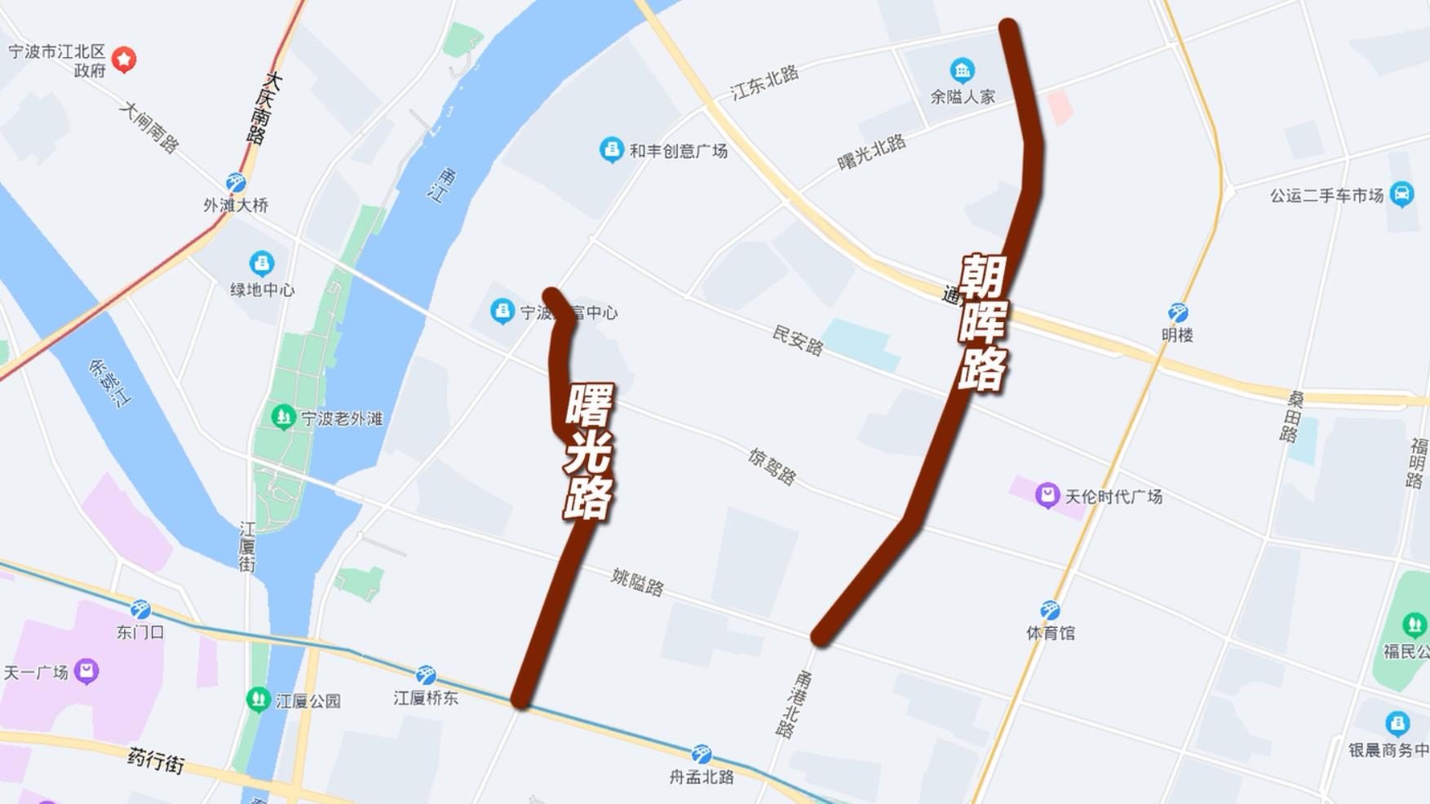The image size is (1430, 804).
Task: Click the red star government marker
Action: tap(124, 59)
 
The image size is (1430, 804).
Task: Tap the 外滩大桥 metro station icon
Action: tap(236, 182)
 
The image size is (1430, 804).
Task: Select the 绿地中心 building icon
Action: tap(261, 263)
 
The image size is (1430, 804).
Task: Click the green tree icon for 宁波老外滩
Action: tap(283, 417)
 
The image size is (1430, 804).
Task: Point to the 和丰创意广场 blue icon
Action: tap(611, 149)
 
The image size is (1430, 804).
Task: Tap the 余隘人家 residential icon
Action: tap(962, 70)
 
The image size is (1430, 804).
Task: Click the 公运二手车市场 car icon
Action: tap(1401, 194)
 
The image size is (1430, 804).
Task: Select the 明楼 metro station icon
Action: tap(1177, 312)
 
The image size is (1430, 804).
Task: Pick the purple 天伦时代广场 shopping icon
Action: tap(1047, 495)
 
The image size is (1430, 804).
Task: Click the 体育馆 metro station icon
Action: tap(1050, 610)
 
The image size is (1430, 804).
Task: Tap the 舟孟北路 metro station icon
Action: tap(701, 754)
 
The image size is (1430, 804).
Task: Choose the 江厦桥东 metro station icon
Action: tap(426, 675)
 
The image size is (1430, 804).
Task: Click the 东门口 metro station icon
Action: tap(140, 609)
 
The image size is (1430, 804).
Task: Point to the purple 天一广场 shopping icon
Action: tap(86, 671)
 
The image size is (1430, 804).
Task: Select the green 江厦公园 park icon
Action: tap(259, 700)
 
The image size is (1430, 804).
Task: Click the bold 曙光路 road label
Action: tap(589, 451)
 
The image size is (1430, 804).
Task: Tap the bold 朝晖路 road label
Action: tap(983, 323)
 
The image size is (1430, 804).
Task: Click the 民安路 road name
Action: tap(798, 340)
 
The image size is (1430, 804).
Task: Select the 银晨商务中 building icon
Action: tap(1397, 723)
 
